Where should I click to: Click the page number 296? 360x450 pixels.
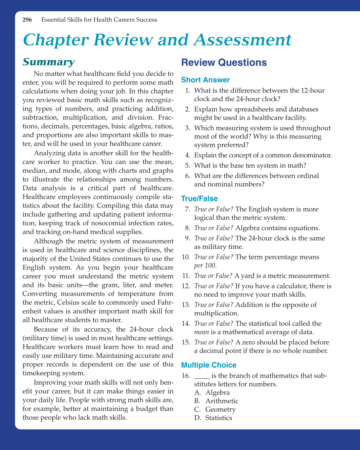(x=27, y=20)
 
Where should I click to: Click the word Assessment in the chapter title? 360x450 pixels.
(x=242, y=40)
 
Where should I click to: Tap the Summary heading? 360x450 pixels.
(x=49, y=62)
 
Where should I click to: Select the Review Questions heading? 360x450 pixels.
(x=224, y=62)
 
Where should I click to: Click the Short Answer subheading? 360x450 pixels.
(x=205, y=80)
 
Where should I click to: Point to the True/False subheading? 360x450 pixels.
(x=200, y=198)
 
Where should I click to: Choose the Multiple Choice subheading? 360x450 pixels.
(x=209, y=365)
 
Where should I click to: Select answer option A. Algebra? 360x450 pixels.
(x=217, y=392)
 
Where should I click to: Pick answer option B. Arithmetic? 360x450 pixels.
(x=222, y=401)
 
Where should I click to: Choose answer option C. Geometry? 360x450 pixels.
(x=220, y=409)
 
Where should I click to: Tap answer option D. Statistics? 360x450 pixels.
(x=218, y=418)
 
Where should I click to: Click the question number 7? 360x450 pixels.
(x=187, y=209)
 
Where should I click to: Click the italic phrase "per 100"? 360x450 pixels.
(x=205, y=265)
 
